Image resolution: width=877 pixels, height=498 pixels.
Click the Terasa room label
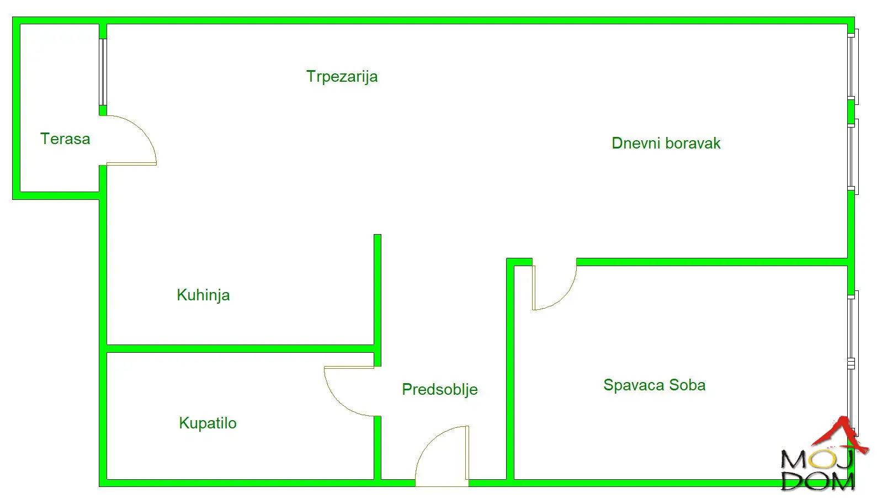pyautogui.click(x=65, y=139)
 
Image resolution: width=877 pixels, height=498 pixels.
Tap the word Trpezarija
pyautogui.click(x=342, y=76)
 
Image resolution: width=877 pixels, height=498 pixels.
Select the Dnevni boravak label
pyautogui.click(x=666, y=144)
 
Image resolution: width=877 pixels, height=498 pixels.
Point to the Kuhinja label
pyautogui.click(x=203, y=295)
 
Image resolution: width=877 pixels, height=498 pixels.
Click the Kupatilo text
pyautogui.click(x=208, y=423)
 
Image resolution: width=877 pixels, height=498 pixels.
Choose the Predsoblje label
pyautogui.click(x=439, y=390)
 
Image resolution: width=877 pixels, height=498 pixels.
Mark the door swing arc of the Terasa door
pyautogui.click(x=145, y=133)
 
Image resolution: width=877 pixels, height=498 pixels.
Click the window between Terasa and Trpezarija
pyautogui.click(x=103, y=72)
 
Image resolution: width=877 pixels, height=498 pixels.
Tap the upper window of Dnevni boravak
pyautogui.click(x=853, y=67)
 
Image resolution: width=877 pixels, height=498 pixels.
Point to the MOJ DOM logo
pyautogui.click(x=818, y=469)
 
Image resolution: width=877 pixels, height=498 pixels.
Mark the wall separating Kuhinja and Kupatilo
pyautogui.click(x=240, y=348)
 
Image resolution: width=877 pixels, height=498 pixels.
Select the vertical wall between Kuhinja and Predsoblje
pyautogui.click(x=378, y=293)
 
